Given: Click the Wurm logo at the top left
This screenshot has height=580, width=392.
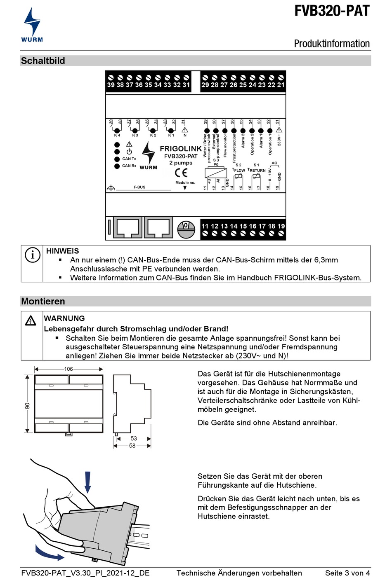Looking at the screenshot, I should (32, 25).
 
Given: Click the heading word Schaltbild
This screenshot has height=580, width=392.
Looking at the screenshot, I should (43, 61).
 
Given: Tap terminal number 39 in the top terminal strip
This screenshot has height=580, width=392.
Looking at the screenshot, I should (111, 85).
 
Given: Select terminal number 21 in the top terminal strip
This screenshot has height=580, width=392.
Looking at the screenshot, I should (281, 85).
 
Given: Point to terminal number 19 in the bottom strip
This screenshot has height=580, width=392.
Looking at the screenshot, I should (281, 226).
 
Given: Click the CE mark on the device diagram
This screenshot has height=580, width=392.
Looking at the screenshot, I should (181, 173).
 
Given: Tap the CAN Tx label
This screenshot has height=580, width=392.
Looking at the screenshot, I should (129, 159).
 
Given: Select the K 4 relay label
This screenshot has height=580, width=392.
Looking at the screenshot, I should (117, 135).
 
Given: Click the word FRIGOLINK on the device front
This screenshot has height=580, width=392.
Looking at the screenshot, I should (181, 149).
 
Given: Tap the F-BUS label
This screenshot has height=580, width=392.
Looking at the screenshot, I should (139, 187).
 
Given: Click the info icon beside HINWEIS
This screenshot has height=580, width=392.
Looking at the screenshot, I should (33, 255).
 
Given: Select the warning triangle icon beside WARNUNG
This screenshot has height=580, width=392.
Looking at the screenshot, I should (31, 320).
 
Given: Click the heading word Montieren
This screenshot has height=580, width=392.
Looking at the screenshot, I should (43, 302).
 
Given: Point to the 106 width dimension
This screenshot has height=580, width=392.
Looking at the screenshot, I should (68, 369).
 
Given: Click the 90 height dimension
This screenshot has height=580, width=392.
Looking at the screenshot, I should (27, 406).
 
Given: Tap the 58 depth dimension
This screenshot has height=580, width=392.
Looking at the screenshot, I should (132, 446).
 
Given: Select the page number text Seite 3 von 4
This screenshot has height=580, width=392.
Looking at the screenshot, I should (347, 573).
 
